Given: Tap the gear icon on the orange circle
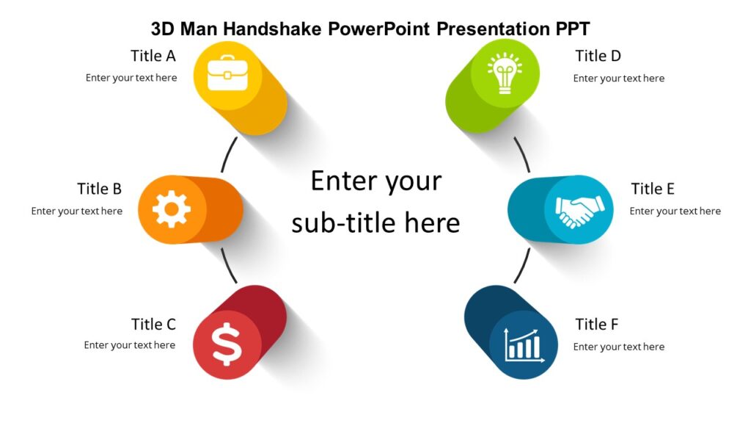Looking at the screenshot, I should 171,210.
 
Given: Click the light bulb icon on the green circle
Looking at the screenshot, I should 505,73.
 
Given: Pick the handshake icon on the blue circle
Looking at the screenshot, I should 579,210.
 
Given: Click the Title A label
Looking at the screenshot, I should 153,56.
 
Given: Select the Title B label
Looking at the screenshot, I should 99,189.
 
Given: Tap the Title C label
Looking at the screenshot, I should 153,324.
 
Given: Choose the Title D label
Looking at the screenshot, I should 598,56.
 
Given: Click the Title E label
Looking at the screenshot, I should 652,189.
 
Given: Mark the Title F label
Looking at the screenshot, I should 597,324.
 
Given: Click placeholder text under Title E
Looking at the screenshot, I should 675,211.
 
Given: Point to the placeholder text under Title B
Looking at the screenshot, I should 77,211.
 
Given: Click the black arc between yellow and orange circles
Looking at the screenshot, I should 227,155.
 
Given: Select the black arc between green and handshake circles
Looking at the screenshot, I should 523,155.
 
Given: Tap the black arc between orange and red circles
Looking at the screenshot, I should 227,265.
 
